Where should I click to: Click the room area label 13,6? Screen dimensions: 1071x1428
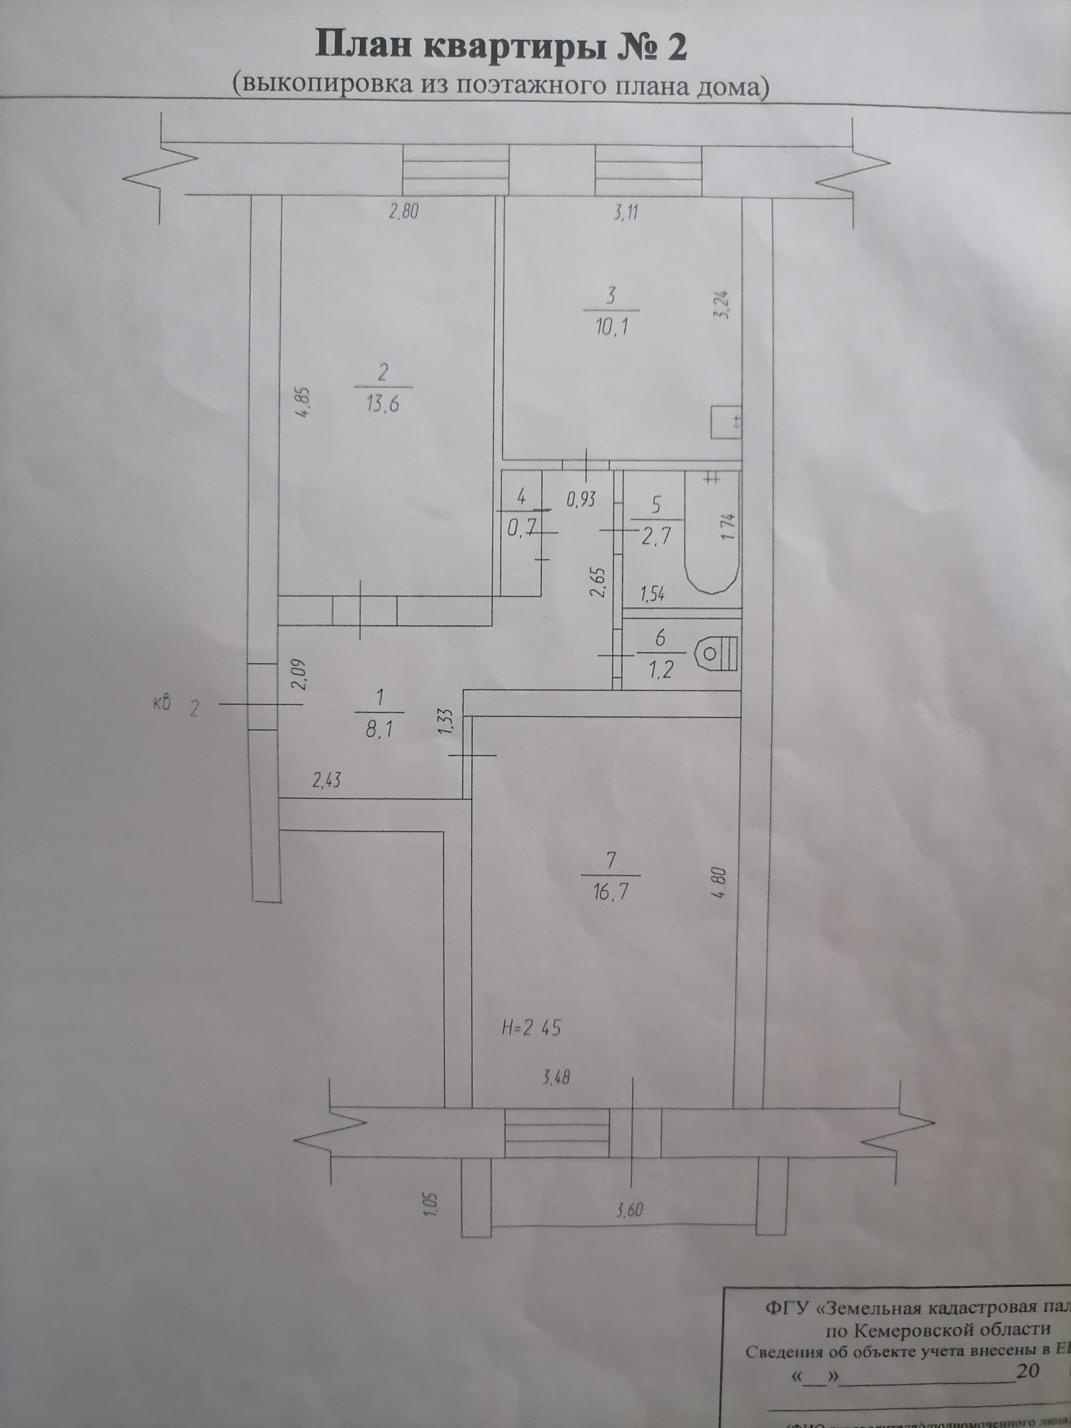click(383, 405)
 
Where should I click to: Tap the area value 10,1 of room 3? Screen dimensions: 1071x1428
click(612, 328)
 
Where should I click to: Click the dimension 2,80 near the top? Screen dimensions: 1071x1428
click(403, 211)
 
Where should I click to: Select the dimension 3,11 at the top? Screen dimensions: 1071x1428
click(625, 212)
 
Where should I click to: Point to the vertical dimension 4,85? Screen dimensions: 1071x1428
click(302, 404)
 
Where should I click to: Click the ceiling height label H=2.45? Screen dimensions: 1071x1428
click(532, 1028)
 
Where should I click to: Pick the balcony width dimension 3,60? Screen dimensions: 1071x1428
click(629, 1211)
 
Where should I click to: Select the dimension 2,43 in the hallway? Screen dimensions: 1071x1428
click(326, 780)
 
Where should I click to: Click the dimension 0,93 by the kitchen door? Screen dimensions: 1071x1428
click(581, 499)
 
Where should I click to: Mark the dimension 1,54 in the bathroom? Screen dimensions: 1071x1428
click(653, 593)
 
